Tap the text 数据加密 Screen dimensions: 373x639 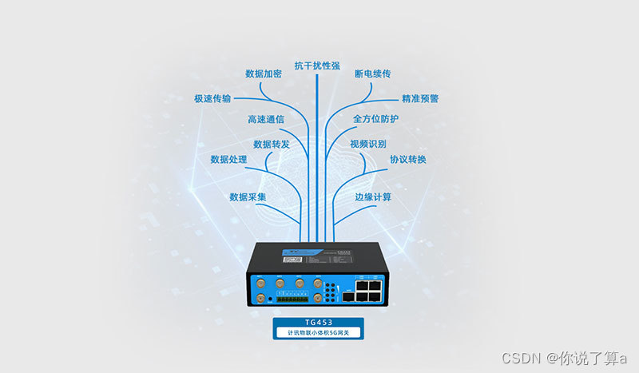[x=264, y=73]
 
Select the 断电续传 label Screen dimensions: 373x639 [x=373, y=73]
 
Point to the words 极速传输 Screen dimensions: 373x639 [x=212, y=99]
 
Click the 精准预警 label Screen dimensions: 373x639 [x=420, y=99]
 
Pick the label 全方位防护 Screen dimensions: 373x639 [x=375, y=119]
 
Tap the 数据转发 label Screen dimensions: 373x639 [x=272, y=145]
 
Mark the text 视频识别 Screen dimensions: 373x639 [x=368, y=145]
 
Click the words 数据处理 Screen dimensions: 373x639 [x=228, y=160]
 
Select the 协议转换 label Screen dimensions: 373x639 [x=408, y=160]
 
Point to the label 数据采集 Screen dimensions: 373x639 [x=248, y=196]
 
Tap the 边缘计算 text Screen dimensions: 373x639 [x=373, y=196]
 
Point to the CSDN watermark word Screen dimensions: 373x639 [x=518, y=356]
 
